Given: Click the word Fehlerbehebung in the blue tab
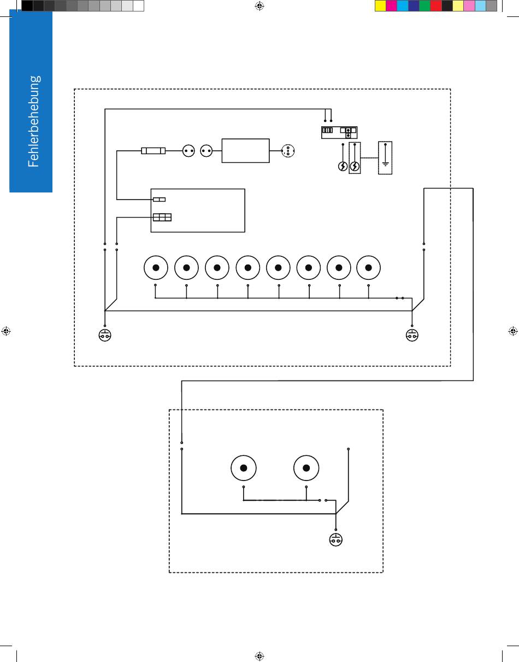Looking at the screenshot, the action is click(x=33, y=121).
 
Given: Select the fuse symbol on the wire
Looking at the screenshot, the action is click(x=154, y=150).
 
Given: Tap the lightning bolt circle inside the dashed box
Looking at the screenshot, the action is click(x=355, y=166).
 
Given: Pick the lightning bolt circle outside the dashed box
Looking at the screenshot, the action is click(x=343, y=166).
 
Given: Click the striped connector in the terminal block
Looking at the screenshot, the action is click(x=328, y=131).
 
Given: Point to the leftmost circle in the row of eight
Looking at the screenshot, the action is click(x=156, y=267).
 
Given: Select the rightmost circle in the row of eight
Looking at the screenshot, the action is click(x=368, y=267).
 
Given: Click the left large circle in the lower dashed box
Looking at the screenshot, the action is click(x=244, y=467).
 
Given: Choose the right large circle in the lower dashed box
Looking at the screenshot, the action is click(x=306, y=467).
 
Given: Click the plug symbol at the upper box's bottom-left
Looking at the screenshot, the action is click(x=105, y=335).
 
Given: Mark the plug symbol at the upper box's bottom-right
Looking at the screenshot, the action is click(x=412, y=335).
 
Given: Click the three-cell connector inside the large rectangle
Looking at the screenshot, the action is click(x=162, y=217).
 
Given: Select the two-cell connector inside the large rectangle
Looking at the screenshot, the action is click(x=159, y=200).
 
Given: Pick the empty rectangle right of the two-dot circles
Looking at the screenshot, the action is click(x=245, y=150).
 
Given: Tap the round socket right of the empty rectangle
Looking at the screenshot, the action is click(x=288, y=151).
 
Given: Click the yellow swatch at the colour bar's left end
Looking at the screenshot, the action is click(x=380, y=6).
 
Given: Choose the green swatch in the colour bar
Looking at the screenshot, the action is click(x=425, y=6).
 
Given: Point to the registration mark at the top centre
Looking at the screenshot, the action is click(x=259, y=6).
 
